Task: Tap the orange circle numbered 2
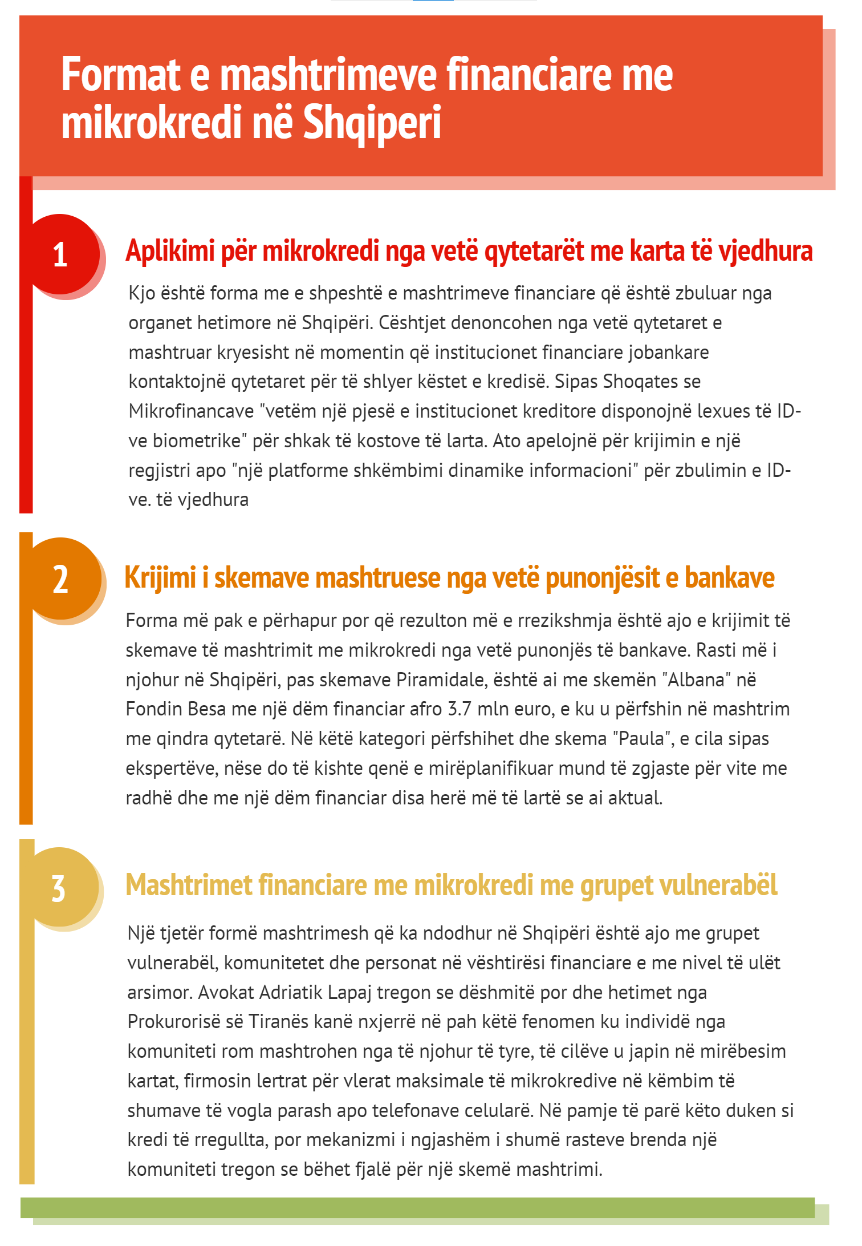pos(61,578)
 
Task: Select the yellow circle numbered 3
pos(59,888)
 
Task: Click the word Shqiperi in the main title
pos(372,122)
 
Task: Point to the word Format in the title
pos(120,75)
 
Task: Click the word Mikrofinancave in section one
pos(191,411)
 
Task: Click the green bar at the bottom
pos(417,1208)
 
